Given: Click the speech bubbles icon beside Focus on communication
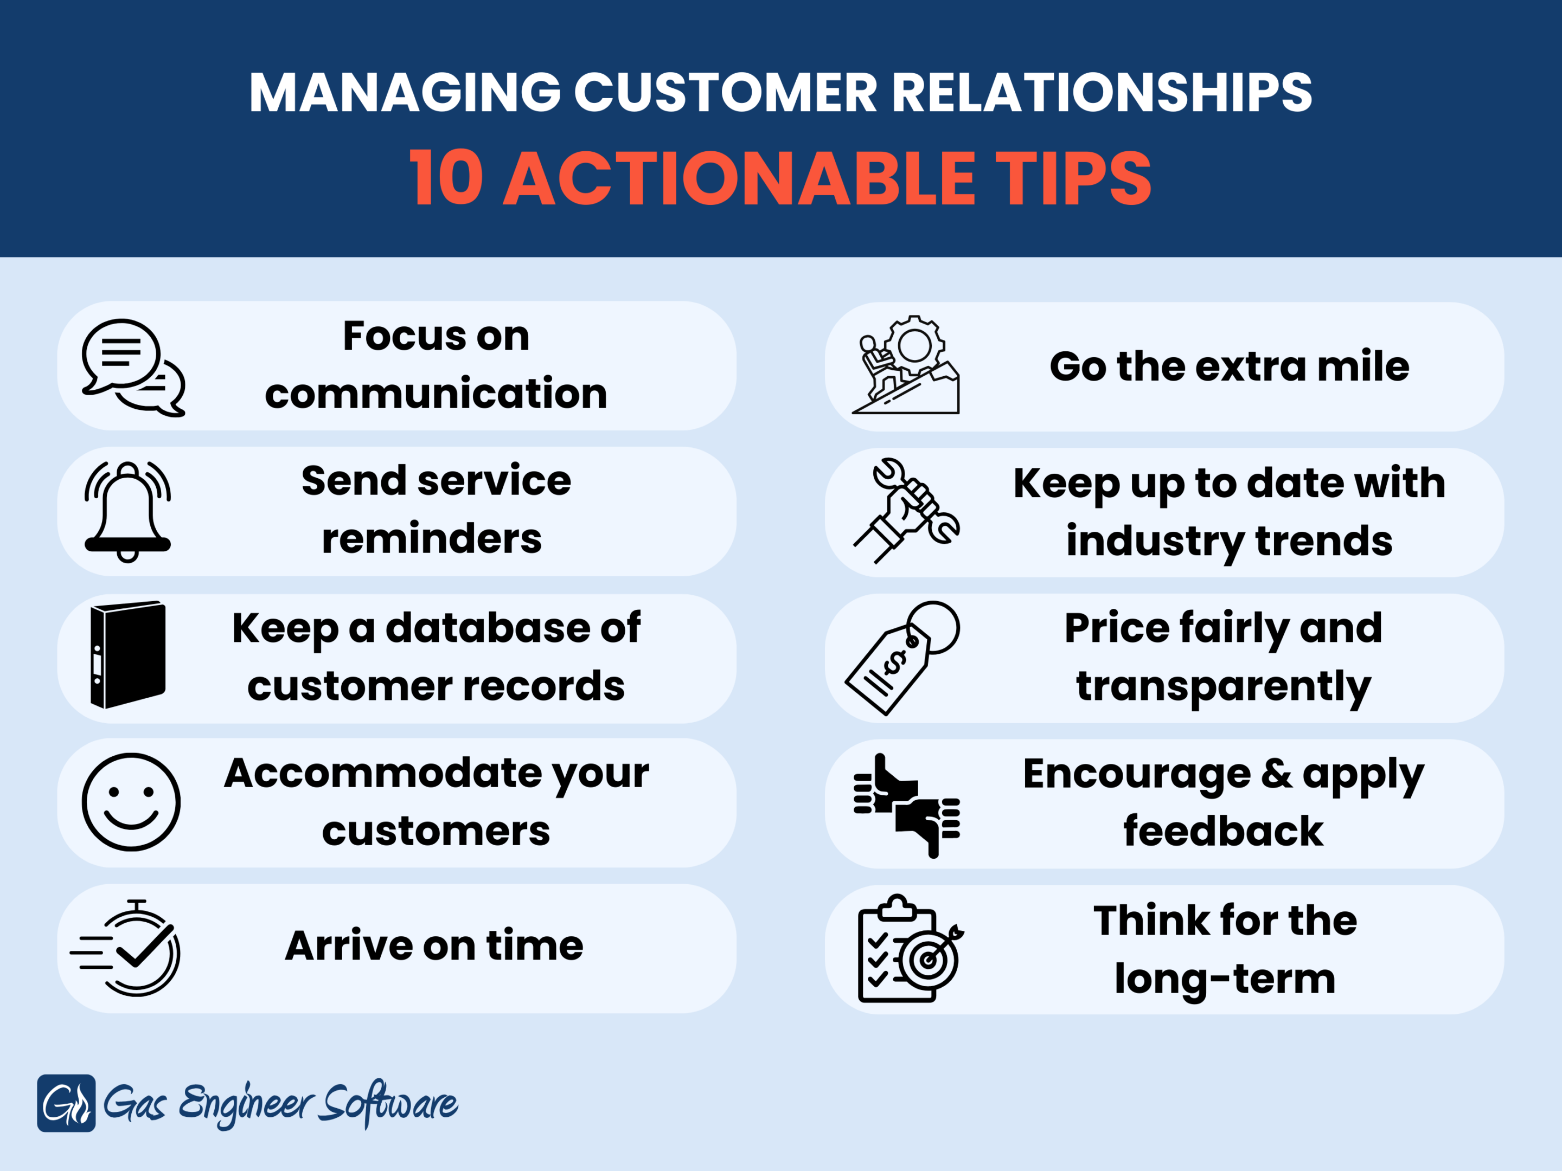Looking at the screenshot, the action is [133, 367].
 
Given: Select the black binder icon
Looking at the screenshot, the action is [128, 654].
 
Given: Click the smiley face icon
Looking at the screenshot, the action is [131, 802].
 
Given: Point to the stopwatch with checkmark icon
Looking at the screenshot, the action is [126, 948].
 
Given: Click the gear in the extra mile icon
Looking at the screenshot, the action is [914, 345].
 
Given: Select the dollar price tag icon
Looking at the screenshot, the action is [902, 658].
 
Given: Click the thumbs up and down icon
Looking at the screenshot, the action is [907, 806].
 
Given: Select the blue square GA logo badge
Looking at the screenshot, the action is [66, 1103].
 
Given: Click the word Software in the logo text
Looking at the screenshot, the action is [388, 1104].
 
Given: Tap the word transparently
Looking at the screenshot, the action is [1223, 687].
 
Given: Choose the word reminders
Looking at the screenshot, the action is [432, 539].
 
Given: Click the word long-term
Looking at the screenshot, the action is [1225, 980].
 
